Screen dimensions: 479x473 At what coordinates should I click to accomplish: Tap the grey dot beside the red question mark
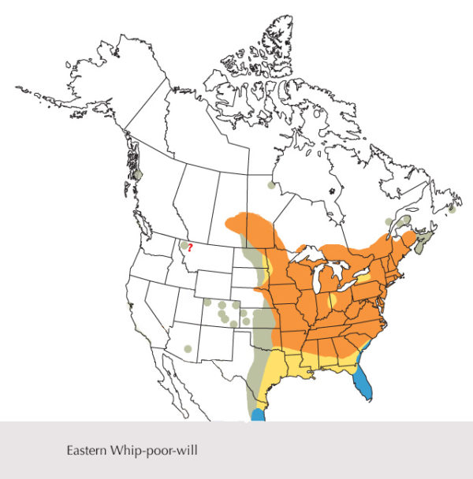(x=184, y=245)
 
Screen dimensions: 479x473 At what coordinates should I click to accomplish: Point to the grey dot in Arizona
(x=188, y=347)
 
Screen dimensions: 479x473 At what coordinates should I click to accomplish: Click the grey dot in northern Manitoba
(x=272, y=186)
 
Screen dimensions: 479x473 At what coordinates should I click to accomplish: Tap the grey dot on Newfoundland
(x=453, y=210)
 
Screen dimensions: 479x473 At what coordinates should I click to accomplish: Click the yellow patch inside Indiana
(x=333, y=300)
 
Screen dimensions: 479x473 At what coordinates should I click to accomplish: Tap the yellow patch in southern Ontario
(x=364, y=278)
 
